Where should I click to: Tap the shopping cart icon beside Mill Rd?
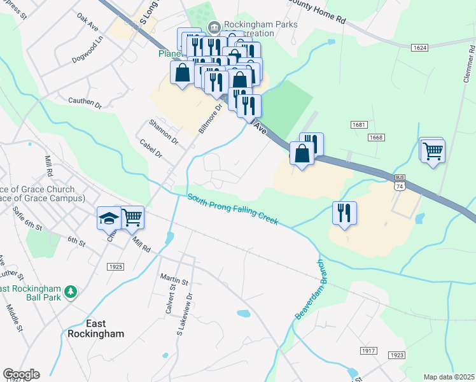(132, 218)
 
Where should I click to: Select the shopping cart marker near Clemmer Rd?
(433, 152)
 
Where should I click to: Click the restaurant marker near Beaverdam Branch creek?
(344, 213)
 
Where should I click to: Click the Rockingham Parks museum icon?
(214, 27)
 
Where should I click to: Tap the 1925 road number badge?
(115, 266)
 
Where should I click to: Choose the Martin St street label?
(174, 281)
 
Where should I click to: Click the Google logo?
(21, 374)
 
